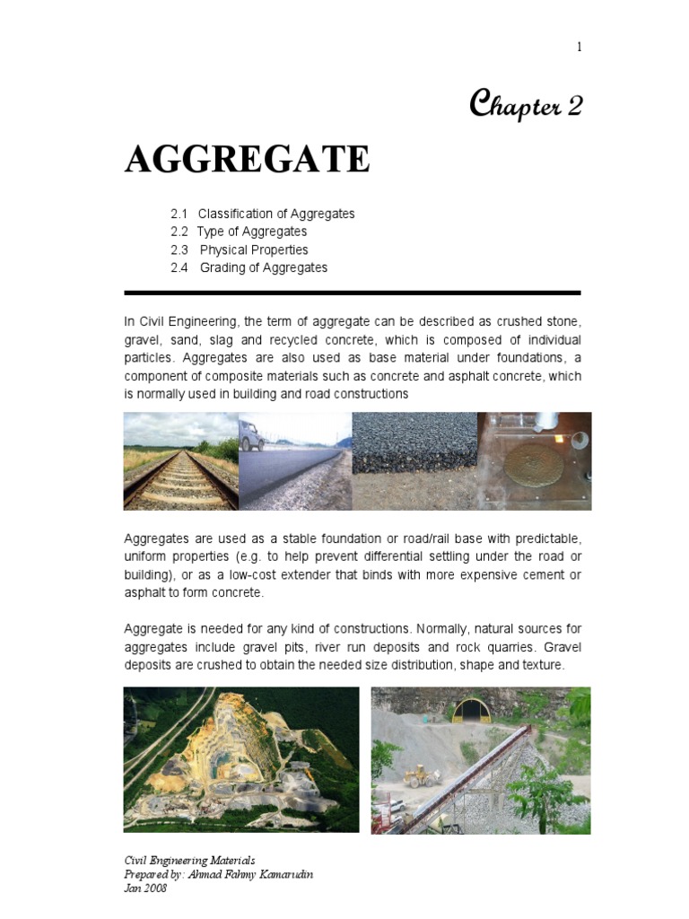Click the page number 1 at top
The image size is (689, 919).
tap(580, 48)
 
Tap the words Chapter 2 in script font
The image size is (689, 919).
tap(526, 106)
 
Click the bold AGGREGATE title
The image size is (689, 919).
tap(247, 159)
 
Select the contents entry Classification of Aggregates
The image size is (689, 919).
tap(276, 214)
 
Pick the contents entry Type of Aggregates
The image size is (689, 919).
tap(252, 232)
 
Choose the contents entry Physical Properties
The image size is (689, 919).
tap(254, 249)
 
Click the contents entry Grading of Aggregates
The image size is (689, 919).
tap(264, 267)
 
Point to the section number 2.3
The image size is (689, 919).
tap(179, 249)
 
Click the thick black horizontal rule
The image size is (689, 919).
tap(352, 293)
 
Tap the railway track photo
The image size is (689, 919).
tap(180, 461)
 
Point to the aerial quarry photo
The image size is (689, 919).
tap(240, 759)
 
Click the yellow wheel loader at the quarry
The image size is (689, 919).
tap(419, 775)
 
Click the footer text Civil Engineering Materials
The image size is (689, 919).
tap(189, 860)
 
